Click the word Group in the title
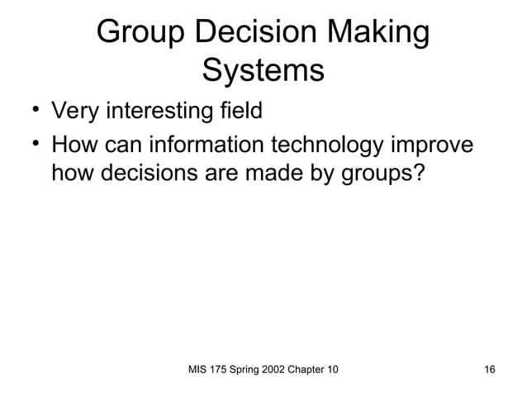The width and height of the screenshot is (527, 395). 141,34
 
